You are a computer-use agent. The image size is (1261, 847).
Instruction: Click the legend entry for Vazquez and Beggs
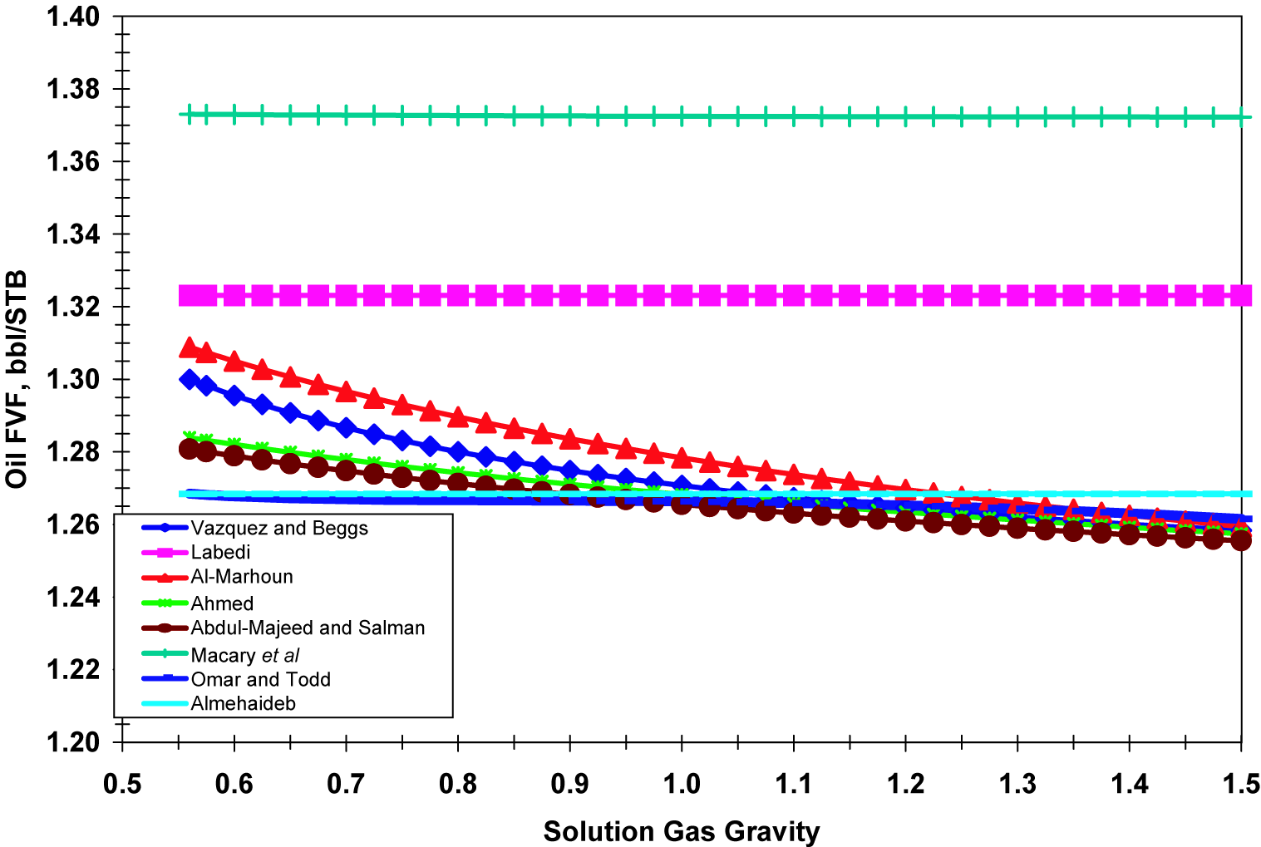pos(278,528)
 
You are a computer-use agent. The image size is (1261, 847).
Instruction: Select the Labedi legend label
pos(220,552)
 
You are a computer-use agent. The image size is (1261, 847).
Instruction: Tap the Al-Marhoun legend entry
pos(241,577)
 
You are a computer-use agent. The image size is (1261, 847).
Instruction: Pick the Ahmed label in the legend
pos(222,603)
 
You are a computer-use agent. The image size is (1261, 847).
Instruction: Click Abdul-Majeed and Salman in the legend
pos(308,628)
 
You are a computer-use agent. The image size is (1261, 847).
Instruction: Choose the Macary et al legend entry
pos(244,655)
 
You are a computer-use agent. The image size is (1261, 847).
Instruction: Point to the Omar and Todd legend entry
pos(260,679)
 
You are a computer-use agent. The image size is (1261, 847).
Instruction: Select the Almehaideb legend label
pos(243,703)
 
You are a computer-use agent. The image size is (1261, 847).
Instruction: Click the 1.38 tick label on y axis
pos(73,89)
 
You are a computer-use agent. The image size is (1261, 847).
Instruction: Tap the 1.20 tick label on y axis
pos(73,741)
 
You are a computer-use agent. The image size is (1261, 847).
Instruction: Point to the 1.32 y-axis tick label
pos(73,307)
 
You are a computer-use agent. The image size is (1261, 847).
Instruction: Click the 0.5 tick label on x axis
pos(122,784)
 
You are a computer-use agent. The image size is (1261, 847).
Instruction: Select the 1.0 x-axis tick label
pos(682,784)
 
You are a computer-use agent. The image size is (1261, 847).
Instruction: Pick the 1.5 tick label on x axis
pos(1240,784)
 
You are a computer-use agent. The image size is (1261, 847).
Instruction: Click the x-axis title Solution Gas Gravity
pos(682,831)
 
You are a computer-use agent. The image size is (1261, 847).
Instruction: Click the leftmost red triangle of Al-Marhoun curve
pos(190,347)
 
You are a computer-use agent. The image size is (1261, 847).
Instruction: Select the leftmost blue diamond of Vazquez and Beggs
pos(190,380)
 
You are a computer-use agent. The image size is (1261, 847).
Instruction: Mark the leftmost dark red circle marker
pos(190,449)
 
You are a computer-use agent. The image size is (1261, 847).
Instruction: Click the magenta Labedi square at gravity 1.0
pos(682,295)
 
